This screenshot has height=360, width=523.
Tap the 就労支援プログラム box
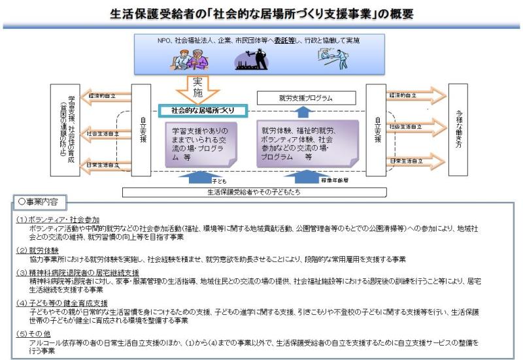[x=305, y=97]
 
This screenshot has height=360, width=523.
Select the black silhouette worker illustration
[x=252, y=59]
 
